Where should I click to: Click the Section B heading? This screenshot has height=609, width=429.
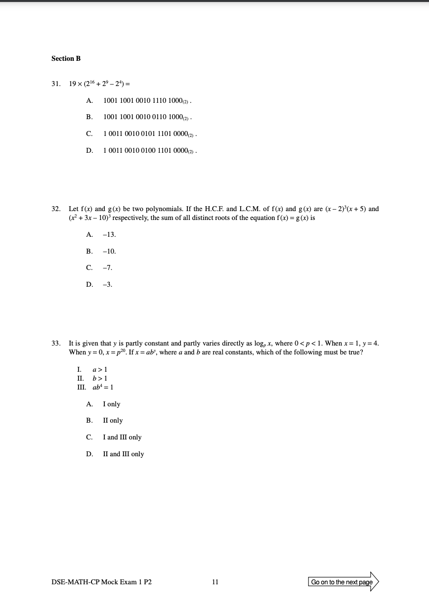66,58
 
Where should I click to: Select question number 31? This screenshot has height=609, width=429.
56,84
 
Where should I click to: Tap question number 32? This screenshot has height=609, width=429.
56,209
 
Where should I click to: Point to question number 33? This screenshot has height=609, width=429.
56,344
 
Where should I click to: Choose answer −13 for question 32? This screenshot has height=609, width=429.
109,235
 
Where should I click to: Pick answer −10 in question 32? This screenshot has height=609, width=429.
109,251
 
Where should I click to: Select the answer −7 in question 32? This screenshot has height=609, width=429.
107,268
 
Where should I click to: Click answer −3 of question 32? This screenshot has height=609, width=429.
107,284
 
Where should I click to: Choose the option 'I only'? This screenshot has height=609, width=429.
111,404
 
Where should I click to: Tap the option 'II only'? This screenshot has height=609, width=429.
113,421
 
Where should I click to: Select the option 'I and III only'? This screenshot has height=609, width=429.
122,437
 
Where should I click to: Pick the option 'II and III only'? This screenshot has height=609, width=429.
124,454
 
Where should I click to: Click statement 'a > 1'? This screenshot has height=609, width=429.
100,369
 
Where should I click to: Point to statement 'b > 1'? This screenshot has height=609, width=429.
100,378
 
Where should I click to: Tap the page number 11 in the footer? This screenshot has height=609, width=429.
215,582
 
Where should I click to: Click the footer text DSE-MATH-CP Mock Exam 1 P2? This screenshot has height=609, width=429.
101,582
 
